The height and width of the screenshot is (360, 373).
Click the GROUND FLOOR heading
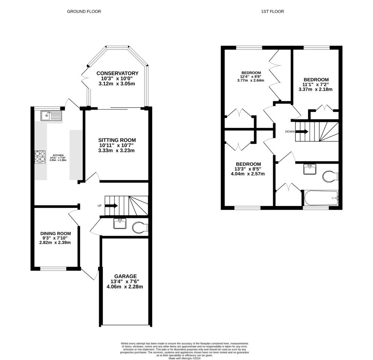[x=84, y=12]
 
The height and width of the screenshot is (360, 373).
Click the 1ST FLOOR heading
[x=272, y=12]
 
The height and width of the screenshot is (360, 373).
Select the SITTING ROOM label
[x=117, y=140]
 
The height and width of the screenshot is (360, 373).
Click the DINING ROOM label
[x=55, y=233]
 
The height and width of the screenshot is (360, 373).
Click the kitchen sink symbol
[x=51, y=116]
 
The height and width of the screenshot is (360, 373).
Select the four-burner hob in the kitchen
[x=40, y=157]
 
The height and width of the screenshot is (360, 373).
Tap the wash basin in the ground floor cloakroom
[x=119, y=223]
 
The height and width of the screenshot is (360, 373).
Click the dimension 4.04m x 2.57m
[x=248, y=174]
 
